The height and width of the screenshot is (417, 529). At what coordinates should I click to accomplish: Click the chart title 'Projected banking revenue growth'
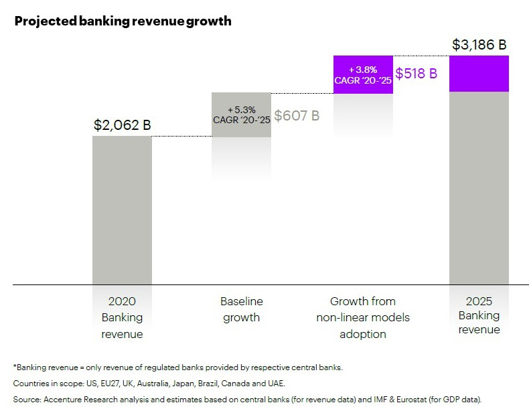point(123,21)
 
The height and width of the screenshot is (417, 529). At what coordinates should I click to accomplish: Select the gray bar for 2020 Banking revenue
point(122,210)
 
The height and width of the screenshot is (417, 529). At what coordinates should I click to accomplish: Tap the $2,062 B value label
point(122,124)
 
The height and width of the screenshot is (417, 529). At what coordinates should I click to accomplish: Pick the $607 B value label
point(297,115)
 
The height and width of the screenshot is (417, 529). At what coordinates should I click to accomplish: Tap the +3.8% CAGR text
point(362,74)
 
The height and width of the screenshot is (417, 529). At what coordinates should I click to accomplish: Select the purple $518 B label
point(416,74)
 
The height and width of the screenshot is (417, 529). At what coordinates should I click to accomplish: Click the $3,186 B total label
point(479,46)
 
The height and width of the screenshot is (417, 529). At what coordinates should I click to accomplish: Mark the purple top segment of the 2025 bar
point(479,74)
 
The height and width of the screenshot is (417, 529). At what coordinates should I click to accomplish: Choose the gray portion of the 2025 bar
point(479,187)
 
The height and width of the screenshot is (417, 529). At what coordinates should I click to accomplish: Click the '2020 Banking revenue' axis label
point(122,317)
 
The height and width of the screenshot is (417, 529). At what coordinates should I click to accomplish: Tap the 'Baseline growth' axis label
point(241,309)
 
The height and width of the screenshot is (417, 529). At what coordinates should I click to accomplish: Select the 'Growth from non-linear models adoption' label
point(362,317)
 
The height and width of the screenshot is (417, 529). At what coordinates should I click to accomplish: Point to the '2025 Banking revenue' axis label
point(479,315)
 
